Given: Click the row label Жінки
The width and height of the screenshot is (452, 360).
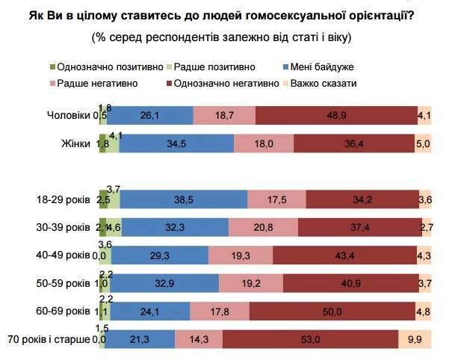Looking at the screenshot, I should tap(75, 144).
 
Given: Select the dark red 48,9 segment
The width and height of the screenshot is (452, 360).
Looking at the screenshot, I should tap(336, 115).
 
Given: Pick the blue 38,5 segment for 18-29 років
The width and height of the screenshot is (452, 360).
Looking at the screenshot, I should tap(183, 200).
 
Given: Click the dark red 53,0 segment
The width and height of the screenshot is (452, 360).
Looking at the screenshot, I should tap(310, 340).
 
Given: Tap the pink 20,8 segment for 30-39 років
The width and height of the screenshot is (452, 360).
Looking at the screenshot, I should tap(263, 228).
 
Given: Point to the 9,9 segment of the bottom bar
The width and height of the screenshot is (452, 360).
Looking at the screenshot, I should tap(415, 340).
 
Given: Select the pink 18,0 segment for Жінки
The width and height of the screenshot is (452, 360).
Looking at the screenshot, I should tap(264, 144).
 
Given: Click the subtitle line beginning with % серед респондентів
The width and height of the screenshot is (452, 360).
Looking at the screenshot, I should tap(222, 37).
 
